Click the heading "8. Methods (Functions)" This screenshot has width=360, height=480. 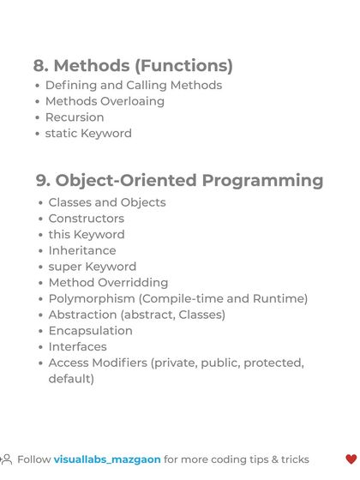133,65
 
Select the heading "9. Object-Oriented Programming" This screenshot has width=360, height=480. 179,180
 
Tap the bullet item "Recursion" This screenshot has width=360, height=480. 75,117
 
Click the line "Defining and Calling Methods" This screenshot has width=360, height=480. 133,85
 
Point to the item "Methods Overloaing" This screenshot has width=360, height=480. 105,101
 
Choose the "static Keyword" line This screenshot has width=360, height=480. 88,134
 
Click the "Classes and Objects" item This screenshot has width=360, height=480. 107,202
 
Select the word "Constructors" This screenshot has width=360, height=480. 86,219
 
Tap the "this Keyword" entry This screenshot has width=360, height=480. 86,235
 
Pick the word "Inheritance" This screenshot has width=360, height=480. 82,250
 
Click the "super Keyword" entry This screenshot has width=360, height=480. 92,267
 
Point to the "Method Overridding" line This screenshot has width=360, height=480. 108,283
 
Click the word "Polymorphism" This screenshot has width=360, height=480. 92,298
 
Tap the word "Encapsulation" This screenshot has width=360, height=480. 90,331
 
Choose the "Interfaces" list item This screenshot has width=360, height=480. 77,347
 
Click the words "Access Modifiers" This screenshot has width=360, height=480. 98,363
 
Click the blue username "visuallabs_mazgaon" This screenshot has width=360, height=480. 107,459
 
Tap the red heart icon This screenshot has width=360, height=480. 351,459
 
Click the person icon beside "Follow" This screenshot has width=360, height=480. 6,459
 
